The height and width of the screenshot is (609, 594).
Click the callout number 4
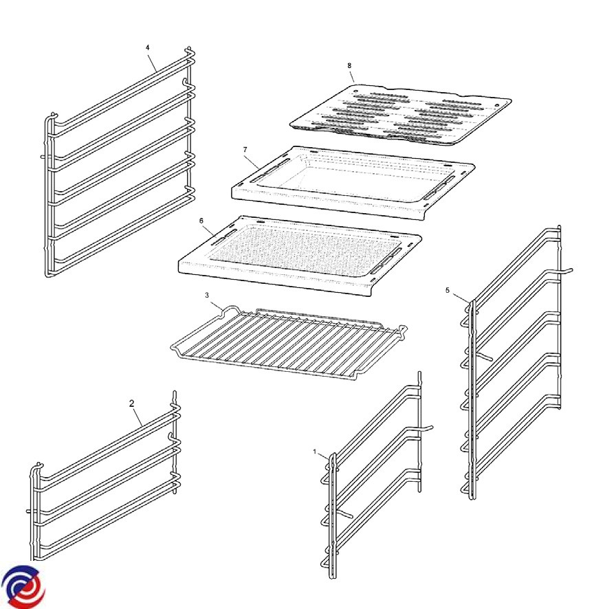148,48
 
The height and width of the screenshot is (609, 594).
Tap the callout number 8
349,65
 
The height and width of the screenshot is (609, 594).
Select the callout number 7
245,150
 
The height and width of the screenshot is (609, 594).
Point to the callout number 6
201,221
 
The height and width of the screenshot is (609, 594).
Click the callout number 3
207,295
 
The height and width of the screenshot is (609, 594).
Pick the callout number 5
448,290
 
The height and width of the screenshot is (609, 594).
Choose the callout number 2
132,403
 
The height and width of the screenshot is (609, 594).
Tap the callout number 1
315,452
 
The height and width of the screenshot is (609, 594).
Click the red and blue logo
23,587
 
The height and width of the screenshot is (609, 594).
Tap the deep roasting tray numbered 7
353,181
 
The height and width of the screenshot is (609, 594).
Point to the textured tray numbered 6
300,254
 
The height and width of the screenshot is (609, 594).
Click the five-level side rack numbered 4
118,162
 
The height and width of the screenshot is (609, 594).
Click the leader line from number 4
153,62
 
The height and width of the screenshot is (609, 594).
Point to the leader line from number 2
138,417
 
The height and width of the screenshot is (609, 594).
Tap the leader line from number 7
253,160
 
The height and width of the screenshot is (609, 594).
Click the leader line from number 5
460,298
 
